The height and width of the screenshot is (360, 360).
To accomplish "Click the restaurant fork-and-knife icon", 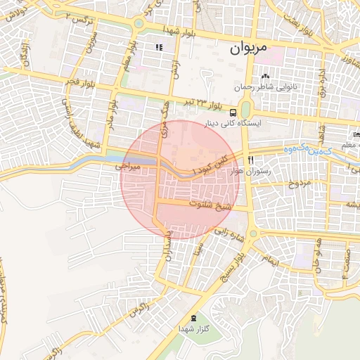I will click(251, 160).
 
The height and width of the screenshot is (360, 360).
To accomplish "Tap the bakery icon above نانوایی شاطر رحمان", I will click(265, 76).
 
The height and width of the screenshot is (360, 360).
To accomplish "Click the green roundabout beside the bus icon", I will click(245, 110).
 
